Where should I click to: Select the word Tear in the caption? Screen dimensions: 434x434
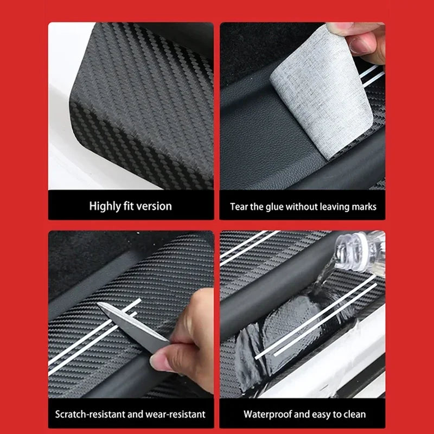[239, 207]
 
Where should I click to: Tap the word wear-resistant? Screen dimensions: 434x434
[176, 414]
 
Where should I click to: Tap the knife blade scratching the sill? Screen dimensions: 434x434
[130, 323]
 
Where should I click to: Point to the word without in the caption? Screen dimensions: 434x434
[306, 207]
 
